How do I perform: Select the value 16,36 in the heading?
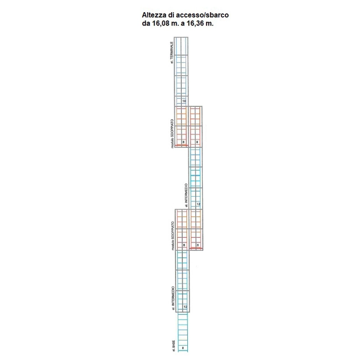197,24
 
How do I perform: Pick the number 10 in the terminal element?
184,101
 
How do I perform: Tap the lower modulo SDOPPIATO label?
172,236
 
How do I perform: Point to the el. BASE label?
173,344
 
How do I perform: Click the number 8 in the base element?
183,348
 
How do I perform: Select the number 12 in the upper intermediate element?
198,204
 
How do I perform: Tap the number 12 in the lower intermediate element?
185,307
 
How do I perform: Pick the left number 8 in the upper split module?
183,142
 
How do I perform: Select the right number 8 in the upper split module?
197,142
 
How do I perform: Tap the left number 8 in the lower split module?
183,245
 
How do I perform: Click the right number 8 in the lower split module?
198,245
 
